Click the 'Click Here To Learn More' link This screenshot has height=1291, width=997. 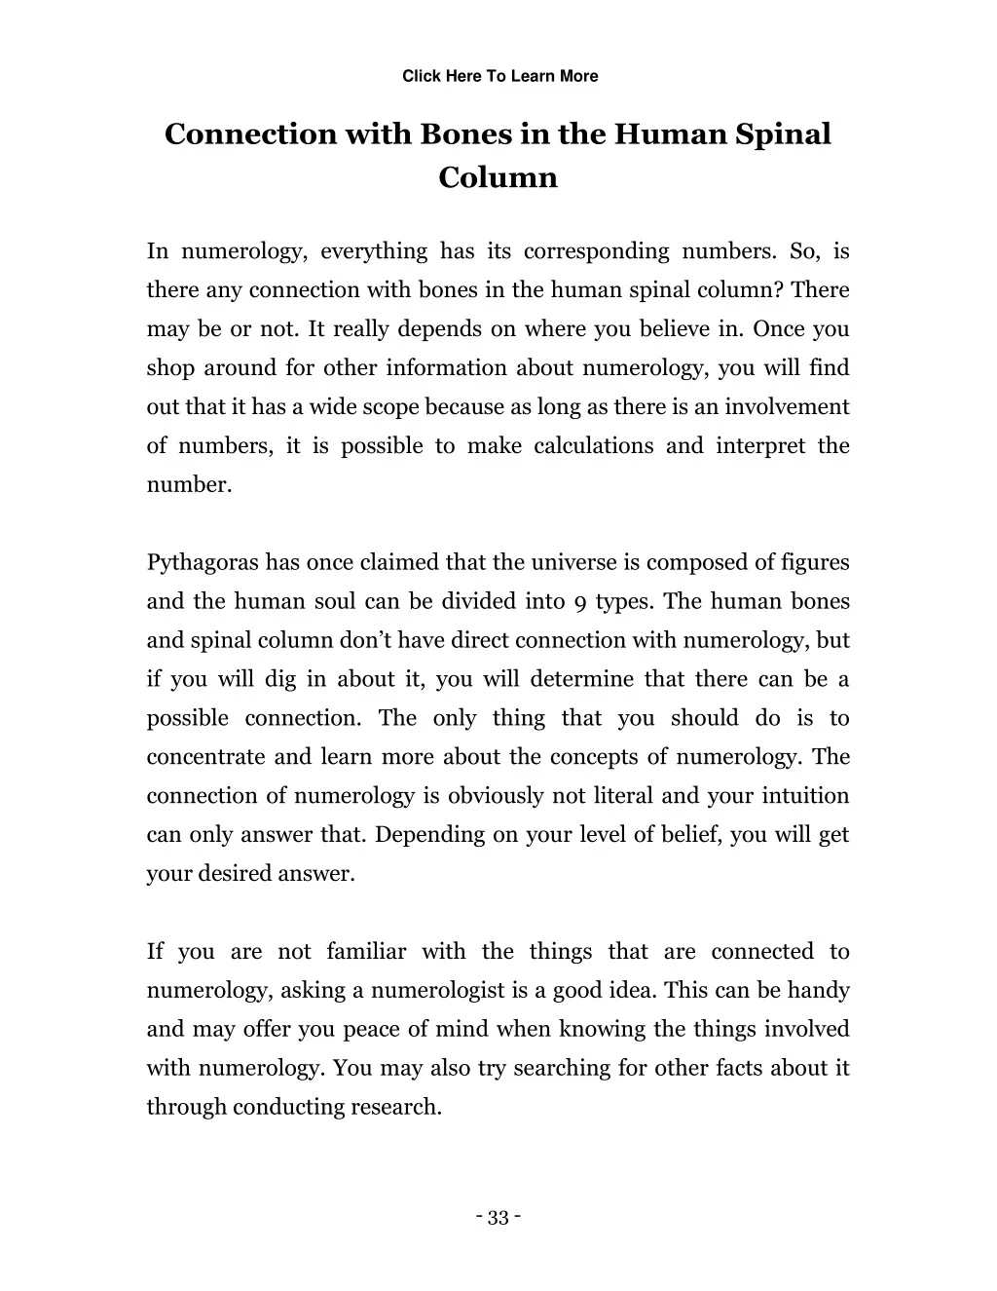[499, 76]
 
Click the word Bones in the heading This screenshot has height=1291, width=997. [464, 133]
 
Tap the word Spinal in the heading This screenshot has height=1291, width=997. [783, 133]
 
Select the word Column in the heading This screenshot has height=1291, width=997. [498, 177]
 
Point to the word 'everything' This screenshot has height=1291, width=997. [374, 251]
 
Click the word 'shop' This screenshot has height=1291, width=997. [170, 368]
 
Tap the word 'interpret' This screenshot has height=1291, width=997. [760, 446]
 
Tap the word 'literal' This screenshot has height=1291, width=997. [623, 796]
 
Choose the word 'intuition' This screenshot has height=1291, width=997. [807, 796]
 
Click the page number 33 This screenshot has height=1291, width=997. [498, 1218]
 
